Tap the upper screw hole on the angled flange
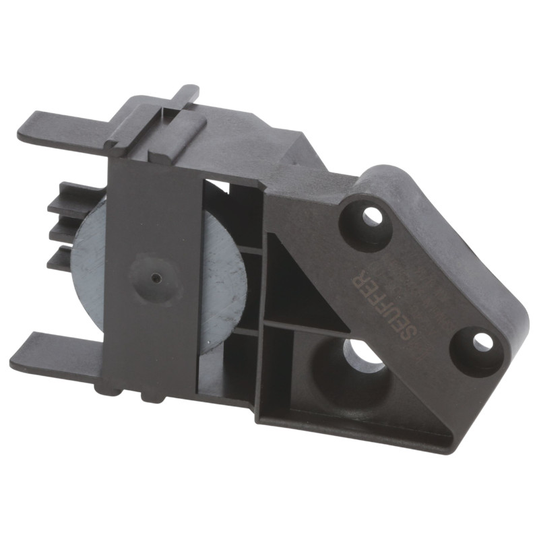372,217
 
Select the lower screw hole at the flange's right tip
482,342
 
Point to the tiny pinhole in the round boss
157,277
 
